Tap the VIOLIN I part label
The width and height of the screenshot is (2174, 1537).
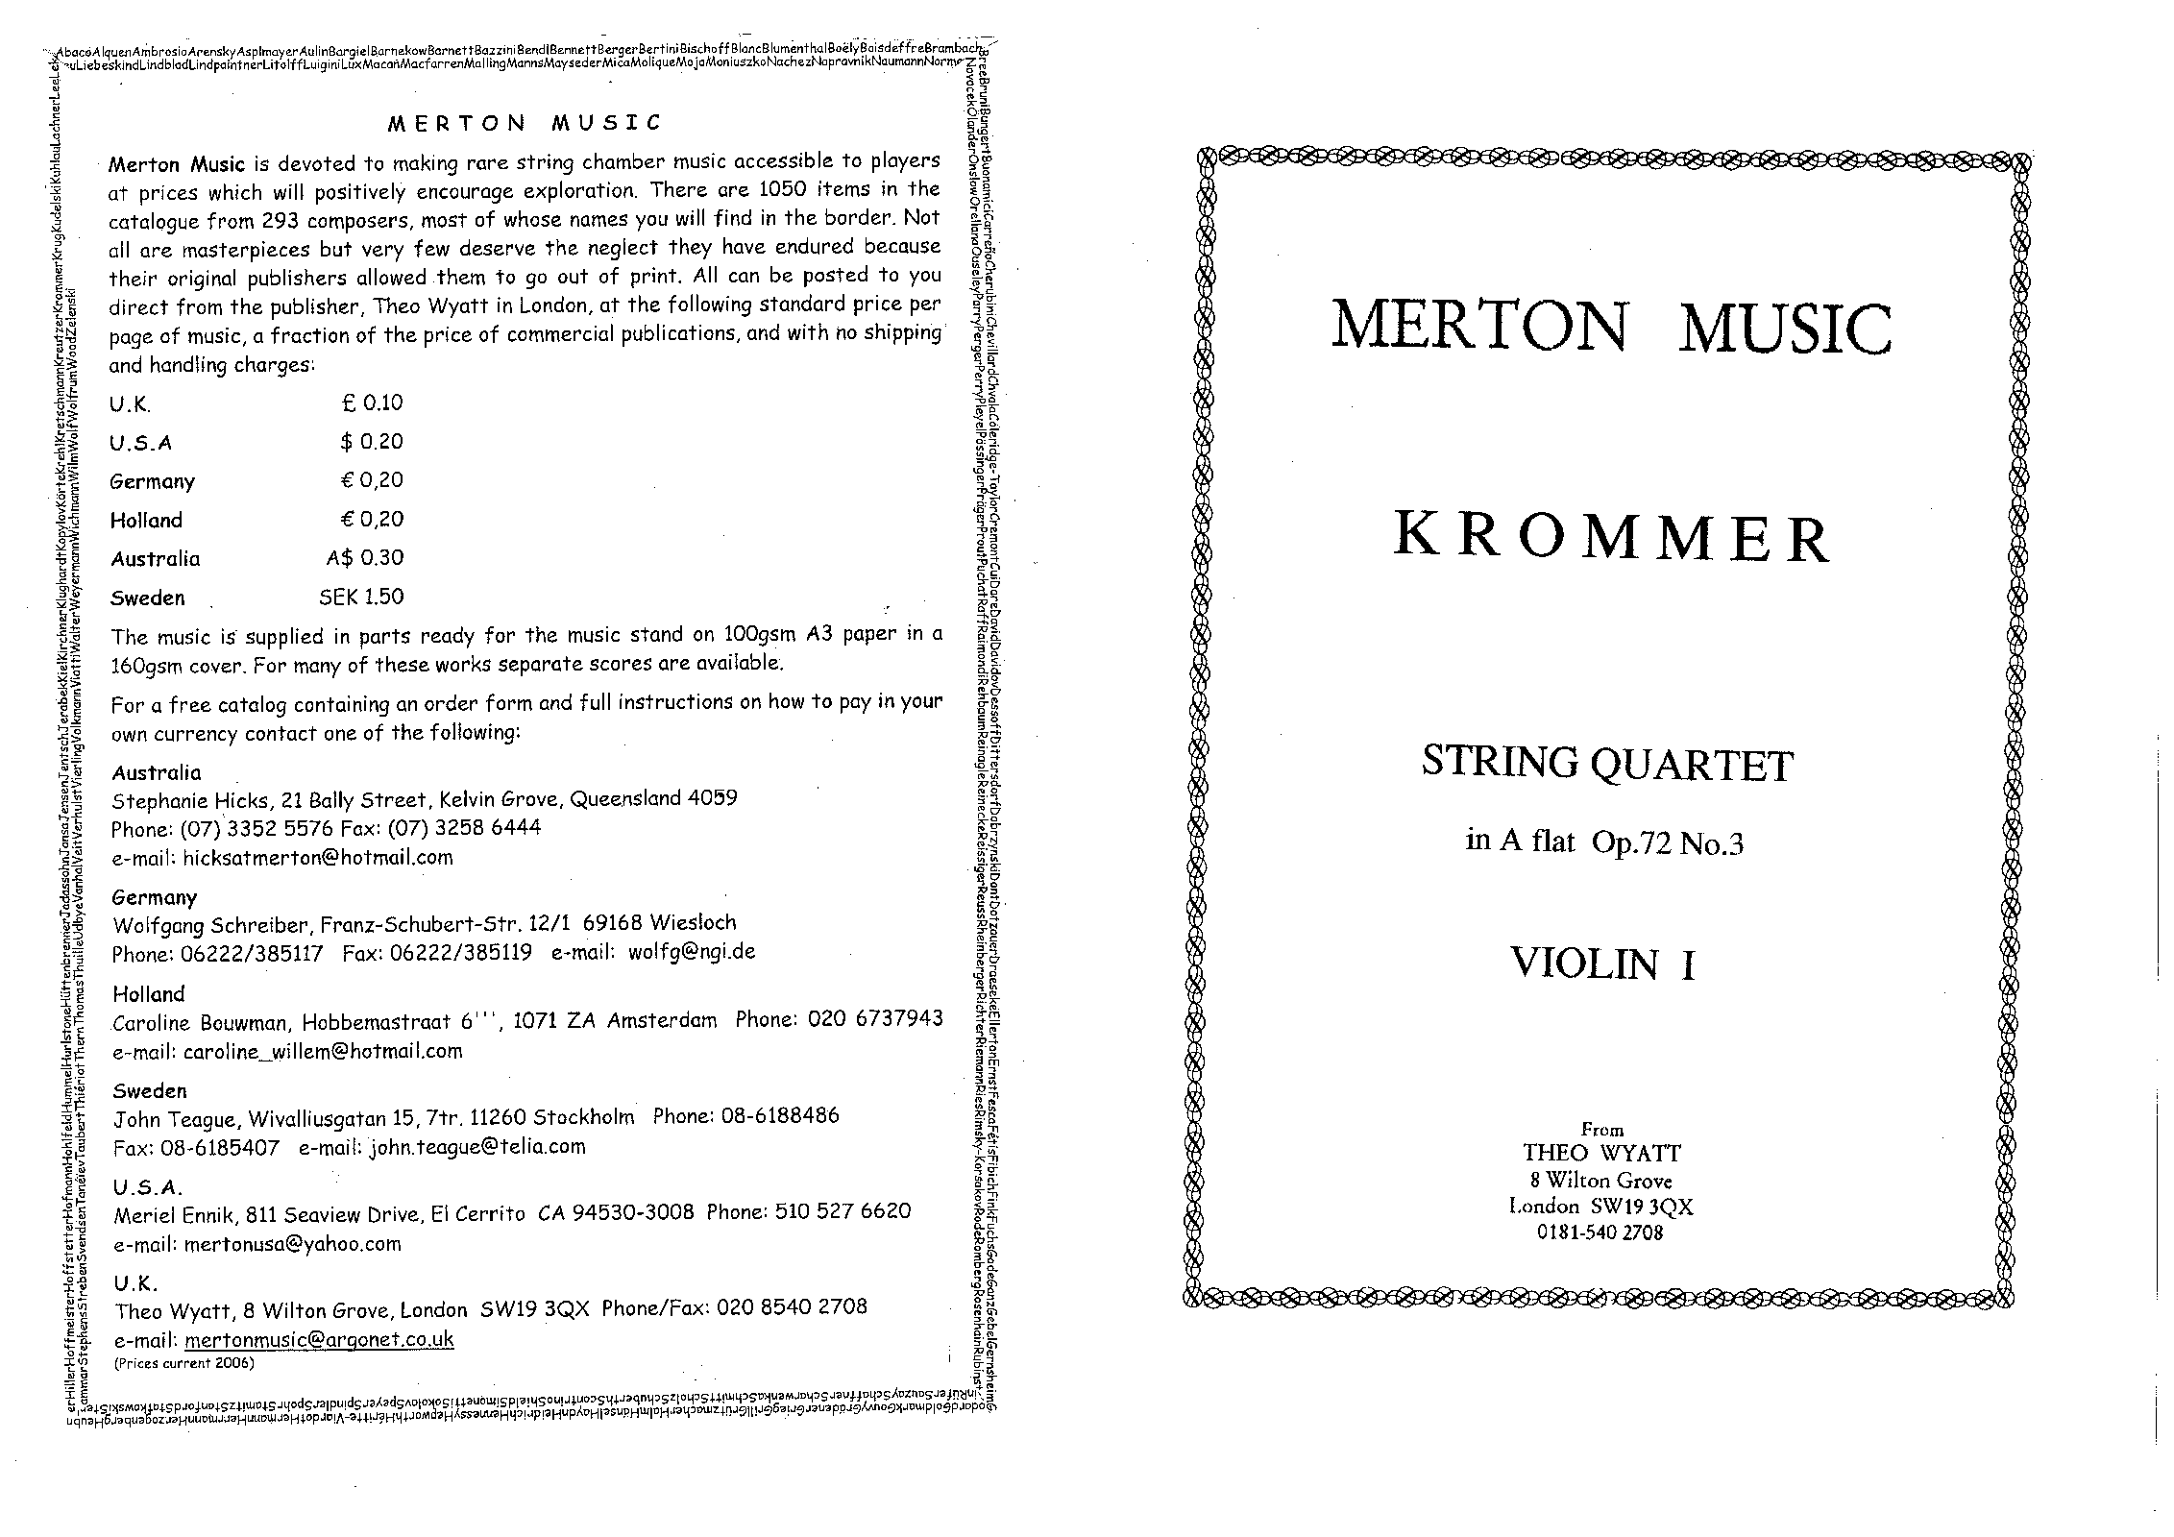[1602, 964]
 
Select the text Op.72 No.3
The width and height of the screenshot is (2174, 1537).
[1667, 844]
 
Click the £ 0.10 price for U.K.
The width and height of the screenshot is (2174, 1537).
[372, 403]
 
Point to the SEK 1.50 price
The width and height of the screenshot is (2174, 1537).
[361, 597]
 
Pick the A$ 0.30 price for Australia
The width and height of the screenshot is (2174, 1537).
[364, 558]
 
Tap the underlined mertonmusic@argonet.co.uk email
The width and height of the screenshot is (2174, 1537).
[319, 1339]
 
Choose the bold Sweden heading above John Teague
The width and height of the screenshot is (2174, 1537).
[149, 1090]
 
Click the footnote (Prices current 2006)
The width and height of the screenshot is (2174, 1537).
[183, 1362]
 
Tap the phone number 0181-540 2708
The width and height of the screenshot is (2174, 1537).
[1600, 1232]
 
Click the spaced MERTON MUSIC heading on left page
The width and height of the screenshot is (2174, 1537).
[524, 123]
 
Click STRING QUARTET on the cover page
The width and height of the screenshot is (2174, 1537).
[1607, 765]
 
